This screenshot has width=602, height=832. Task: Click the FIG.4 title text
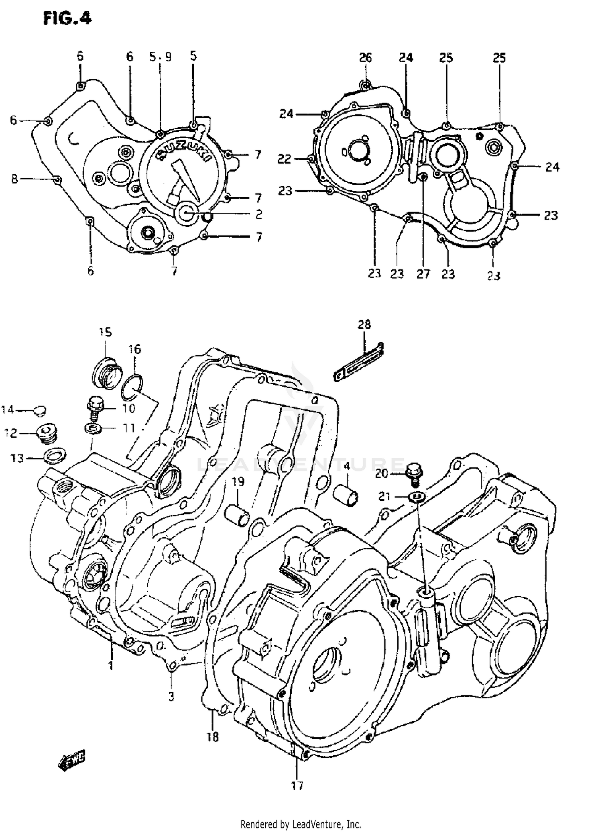click(67, 18)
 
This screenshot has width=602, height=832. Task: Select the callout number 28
click(364, 324)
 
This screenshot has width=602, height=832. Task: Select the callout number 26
click(365, 57)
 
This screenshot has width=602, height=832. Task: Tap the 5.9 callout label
click(160, 57)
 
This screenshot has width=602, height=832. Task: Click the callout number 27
click(423, 274)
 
